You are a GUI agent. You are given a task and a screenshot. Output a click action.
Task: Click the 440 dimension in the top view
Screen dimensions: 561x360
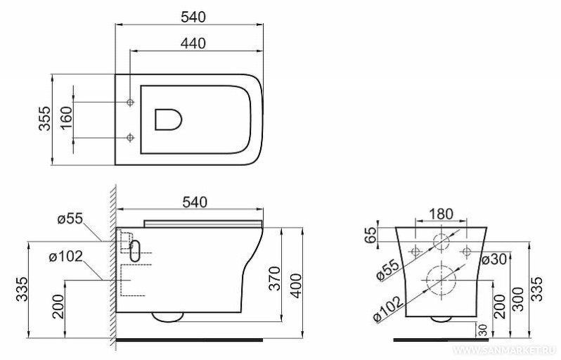click(193, 44)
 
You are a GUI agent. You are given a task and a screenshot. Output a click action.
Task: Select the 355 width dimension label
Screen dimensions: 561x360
click(45, 118)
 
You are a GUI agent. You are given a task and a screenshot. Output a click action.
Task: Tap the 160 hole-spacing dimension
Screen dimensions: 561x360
click(66, 119)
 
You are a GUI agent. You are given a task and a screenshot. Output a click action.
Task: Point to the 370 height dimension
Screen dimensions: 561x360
click(274, 278)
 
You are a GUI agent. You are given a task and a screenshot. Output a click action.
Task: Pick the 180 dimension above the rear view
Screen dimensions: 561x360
click(441, 214)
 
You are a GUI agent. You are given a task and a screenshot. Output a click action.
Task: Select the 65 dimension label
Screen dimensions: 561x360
click(371, 235)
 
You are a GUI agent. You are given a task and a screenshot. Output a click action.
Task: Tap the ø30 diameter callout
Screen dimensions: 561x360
click(494, 259)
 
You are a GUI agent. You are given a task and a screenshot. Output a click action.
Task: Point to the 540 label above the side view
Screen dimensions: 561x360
click(195, 202)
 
